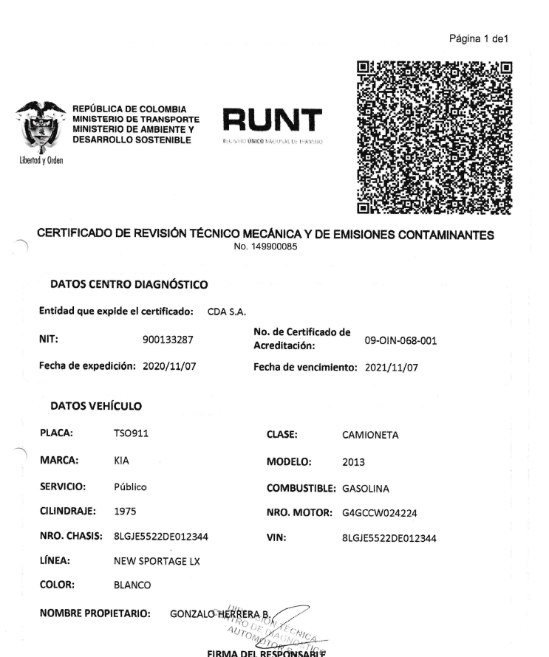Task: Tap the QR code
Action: click(435, 135)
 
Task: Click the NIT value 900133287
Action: click(171, 340)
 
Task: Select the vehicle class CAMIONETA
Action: click(371, 436)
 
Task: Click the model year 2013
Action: click(355, 463)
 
